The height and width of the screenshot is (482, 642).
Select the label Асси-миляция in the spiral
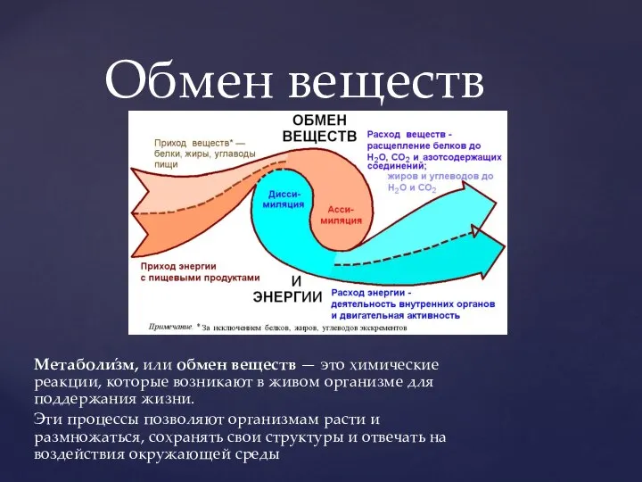point(341,213)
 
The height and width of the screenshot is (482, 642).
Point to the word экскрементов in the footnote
point(379,328)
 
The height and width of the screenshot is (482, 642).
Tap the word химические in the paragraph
point(393,365)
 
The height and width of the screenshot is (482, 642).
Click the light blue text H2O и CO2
point(411,188)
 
